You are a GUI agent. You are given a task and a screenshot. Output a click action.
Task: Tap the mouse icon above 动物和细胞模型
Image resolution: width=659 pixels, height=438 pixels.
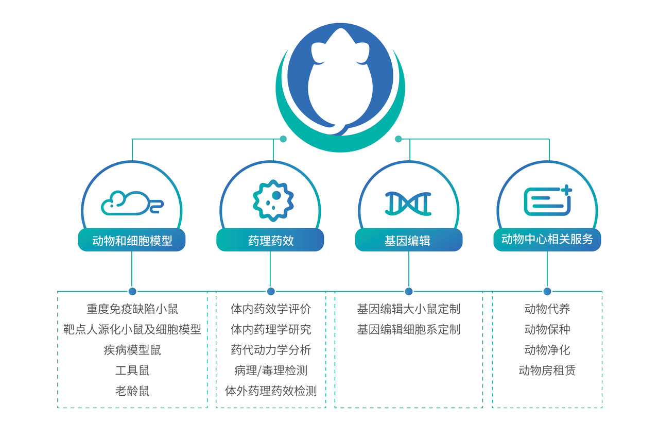132,203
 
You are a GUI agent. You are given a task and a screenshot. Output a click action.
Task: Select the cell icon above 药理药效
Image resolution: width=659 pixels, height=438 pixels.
272,200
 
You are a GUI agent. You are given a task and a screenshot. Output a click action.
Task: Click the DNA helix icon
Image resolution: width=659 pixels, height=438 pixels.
408,203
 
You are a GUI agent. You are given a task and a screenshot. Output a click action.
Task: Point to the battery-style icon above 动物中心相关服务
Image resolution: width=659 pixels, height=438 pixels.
548,200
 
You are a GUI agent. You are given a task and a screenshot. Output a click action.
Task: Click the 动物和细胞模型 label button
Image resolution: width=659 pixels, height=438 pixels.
132,240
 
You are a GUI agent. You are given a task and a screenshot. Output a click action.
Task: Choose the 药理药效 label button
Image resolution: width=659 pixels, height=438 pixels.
270,240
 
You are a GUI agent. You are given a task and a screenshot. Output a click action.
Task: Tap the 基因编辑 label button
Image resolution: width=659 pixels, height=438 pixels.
409,240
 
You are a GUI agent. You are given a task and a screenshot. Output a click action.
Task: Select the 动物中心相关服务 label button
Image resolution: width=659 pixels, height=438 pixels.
547,240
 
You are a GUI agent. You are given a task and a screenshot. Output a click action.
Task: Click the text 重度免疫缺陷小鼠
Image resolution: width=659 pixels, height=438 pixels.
132,309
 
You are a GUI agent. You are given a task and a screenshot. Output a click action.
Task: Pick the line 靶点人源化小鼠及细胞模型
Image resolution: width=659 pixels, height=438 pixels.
132,330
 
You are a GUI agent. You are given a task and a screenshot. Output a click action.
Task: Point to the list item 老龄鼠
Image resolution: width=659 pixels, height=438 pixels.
132,391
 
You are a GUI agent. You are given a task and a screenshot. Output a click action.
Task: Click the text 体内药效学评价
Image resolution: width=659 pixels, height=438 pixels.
271,309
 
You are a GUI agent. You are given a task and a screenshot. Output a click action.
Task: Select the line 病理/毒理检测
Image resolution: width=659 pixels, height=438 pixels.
271,370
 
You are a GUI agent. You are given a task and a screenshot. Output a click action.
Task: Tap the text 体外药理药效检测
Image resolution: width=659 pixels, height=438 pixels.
271,391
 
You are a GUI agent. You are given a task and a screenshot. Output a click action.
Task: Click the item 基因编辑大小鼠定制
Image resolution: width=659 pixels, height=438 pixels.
409,309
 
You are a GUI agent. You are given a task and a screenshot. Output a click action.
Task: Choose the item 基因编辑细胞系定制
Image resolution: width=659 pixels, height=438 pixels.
409,330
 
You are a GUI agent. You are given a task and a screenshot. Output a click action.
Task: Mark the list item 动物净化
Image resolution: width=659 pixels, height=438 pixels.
547,350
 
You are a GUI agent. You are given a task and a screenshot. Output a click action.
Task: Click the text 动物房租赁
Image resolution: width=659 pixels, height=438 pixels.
547,370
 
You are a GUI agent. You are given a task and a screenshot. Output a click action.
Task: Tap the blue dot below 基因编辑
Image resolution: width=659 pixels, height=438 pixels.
409,291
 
